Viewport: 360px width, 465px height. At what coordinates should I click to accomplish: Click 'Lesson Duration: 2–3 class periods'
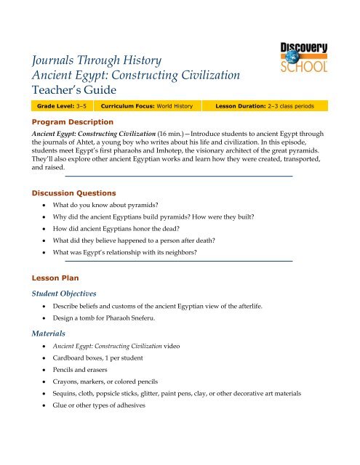[271, 106]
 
